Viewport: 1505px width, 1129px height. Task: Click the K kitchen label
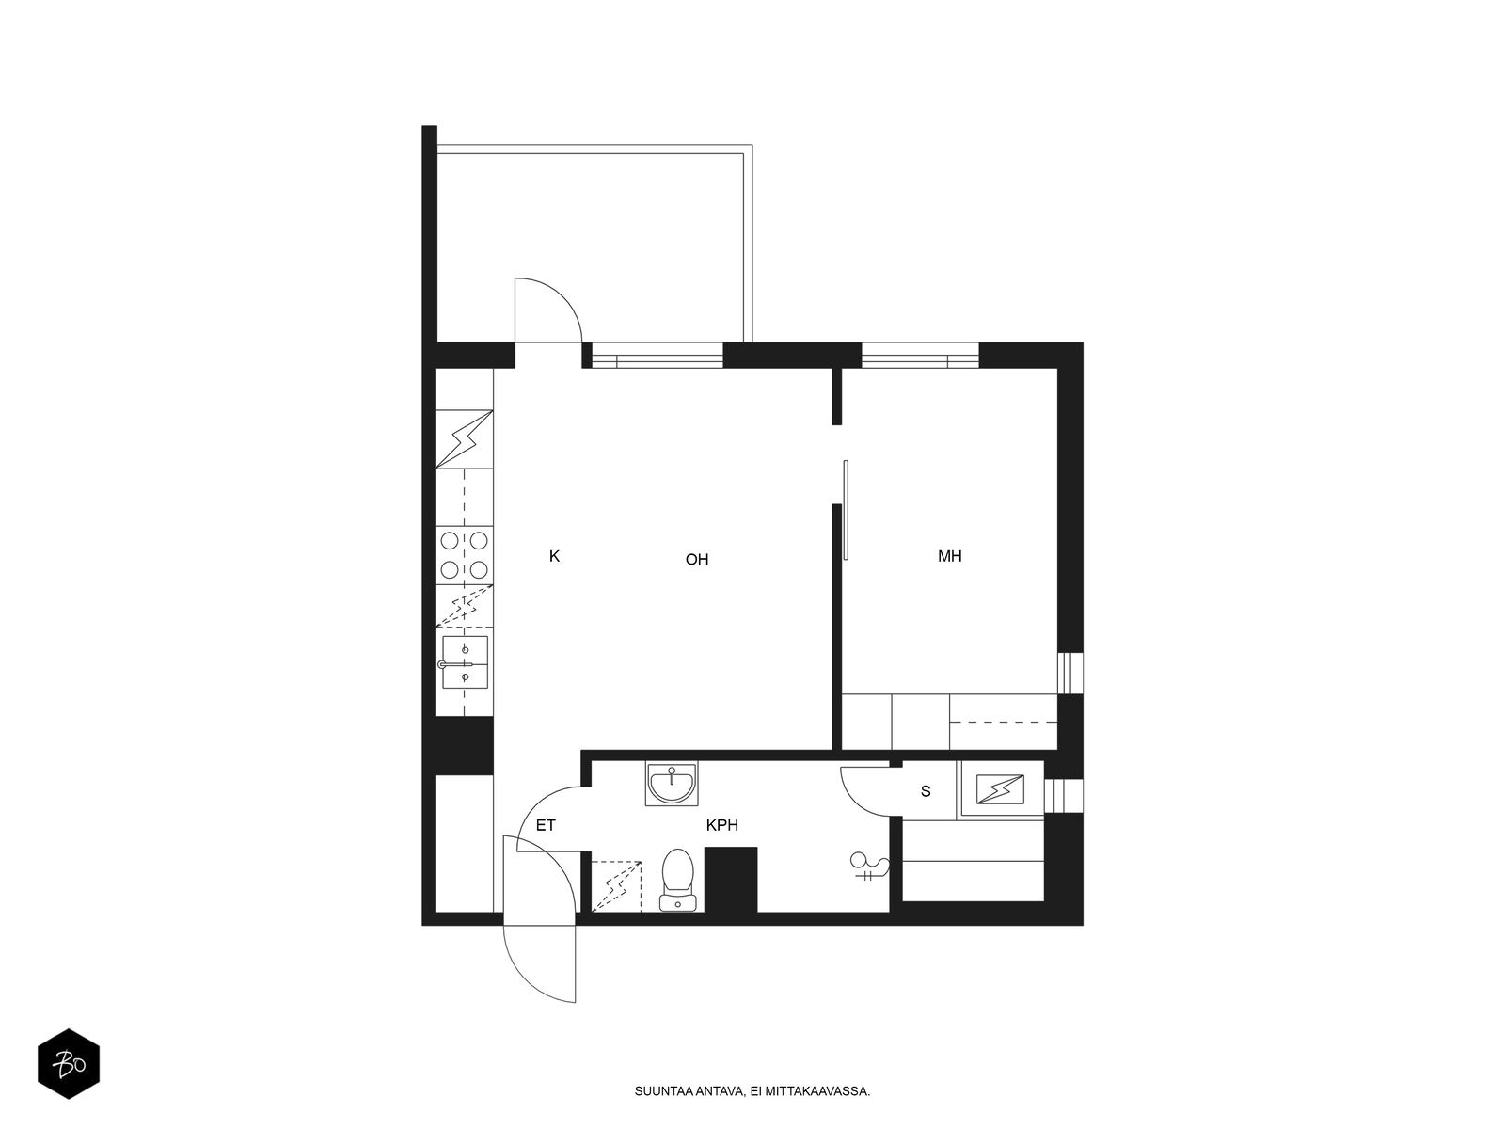(x=554, y=556)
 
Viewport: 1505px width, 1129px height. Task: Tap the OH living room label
(x=697, y=560)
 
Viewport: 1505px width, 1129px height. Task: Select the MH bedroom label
(x=950, y=556)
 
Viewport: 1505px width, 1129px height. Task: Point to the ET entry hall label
(x=545, y=825)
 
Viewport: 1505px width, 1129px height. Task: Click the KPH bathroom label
(x=722, y=825)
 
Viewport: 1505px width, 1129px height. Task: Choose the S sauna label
(x=926, y=792)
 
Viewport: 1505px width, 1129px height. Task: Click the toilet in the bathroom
(x=677, y=880)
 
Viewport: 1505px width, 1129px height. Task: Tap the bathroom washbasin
(x=672, y=783)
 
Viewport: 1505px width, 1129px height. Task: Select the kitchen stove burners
(x=464, y=555)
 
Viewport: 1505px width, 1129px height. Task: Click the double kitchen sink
(x=465, y=662)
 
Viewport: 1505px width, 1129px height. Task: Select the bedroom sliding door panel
(x=846, y=510)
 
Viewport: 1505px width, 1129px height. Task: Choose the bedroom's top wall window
(x=919, y=356)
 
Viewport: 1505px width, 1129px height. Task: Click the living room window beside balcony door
(x=657, y=356)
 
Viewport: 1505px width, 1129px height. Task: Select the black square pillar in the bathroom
(x=731, y=880)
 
